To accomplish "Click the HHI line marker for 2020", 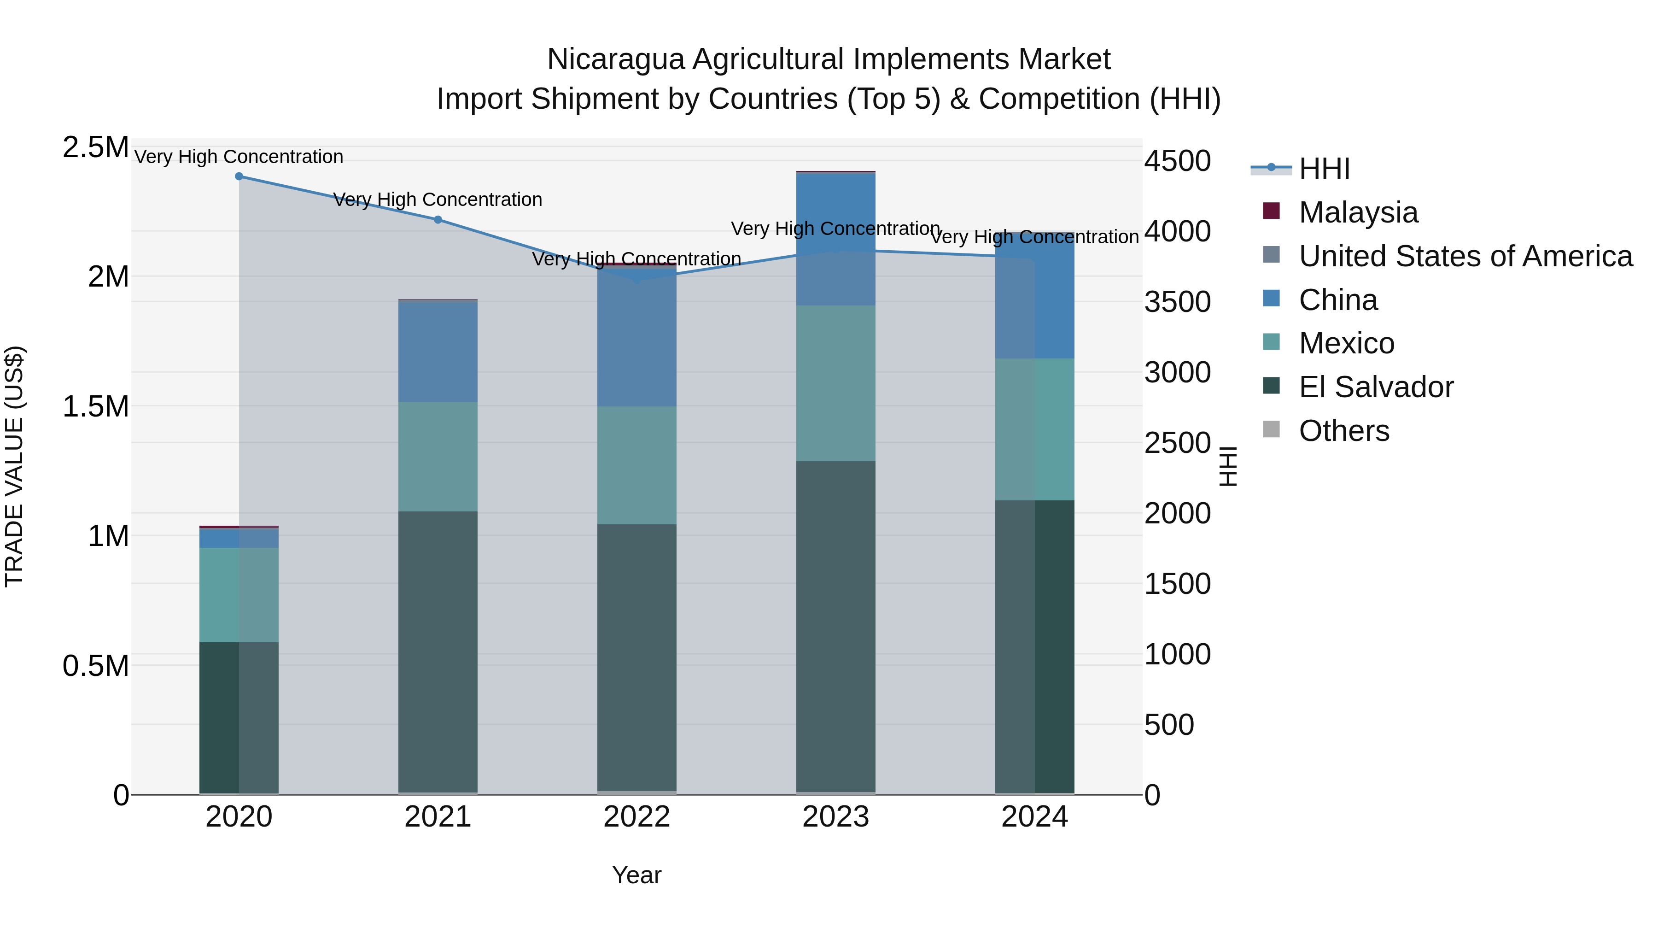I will point(239,176).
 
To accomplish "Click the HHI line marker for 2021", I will point(438,220).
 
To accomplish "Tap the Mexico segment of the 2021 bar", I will point(438,457).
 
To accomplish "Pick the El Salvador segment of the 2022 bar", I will point(636,657).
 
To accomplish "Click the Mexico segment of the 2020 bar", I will point(239,594).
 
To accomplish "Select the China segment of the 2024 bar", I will point(1034,296).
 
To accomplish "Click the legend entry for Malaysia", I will point(1358,212).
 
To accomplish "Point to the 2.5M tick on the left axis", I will point(95,147).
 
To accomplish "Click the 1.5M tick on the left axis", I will point(95,407).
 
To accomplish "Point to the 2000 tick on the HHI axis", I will point(1177,513).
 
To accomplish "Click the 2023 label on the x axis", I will point(835,817).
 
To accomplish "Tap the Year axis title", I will point(636,875).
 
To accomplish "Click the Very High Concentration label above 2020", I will point(239,157).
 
